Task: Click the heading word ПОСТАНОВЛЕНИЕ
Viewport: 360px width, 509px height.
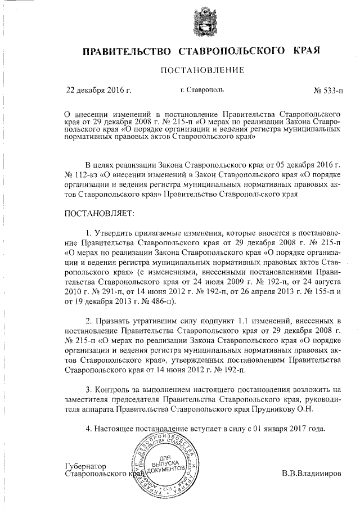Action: (202, 70)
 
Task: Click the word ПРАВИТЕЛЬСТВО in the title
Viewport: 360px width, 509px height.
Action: (127, 51)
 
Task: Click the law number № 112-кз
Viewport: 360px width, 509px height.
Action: (84, 175)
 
